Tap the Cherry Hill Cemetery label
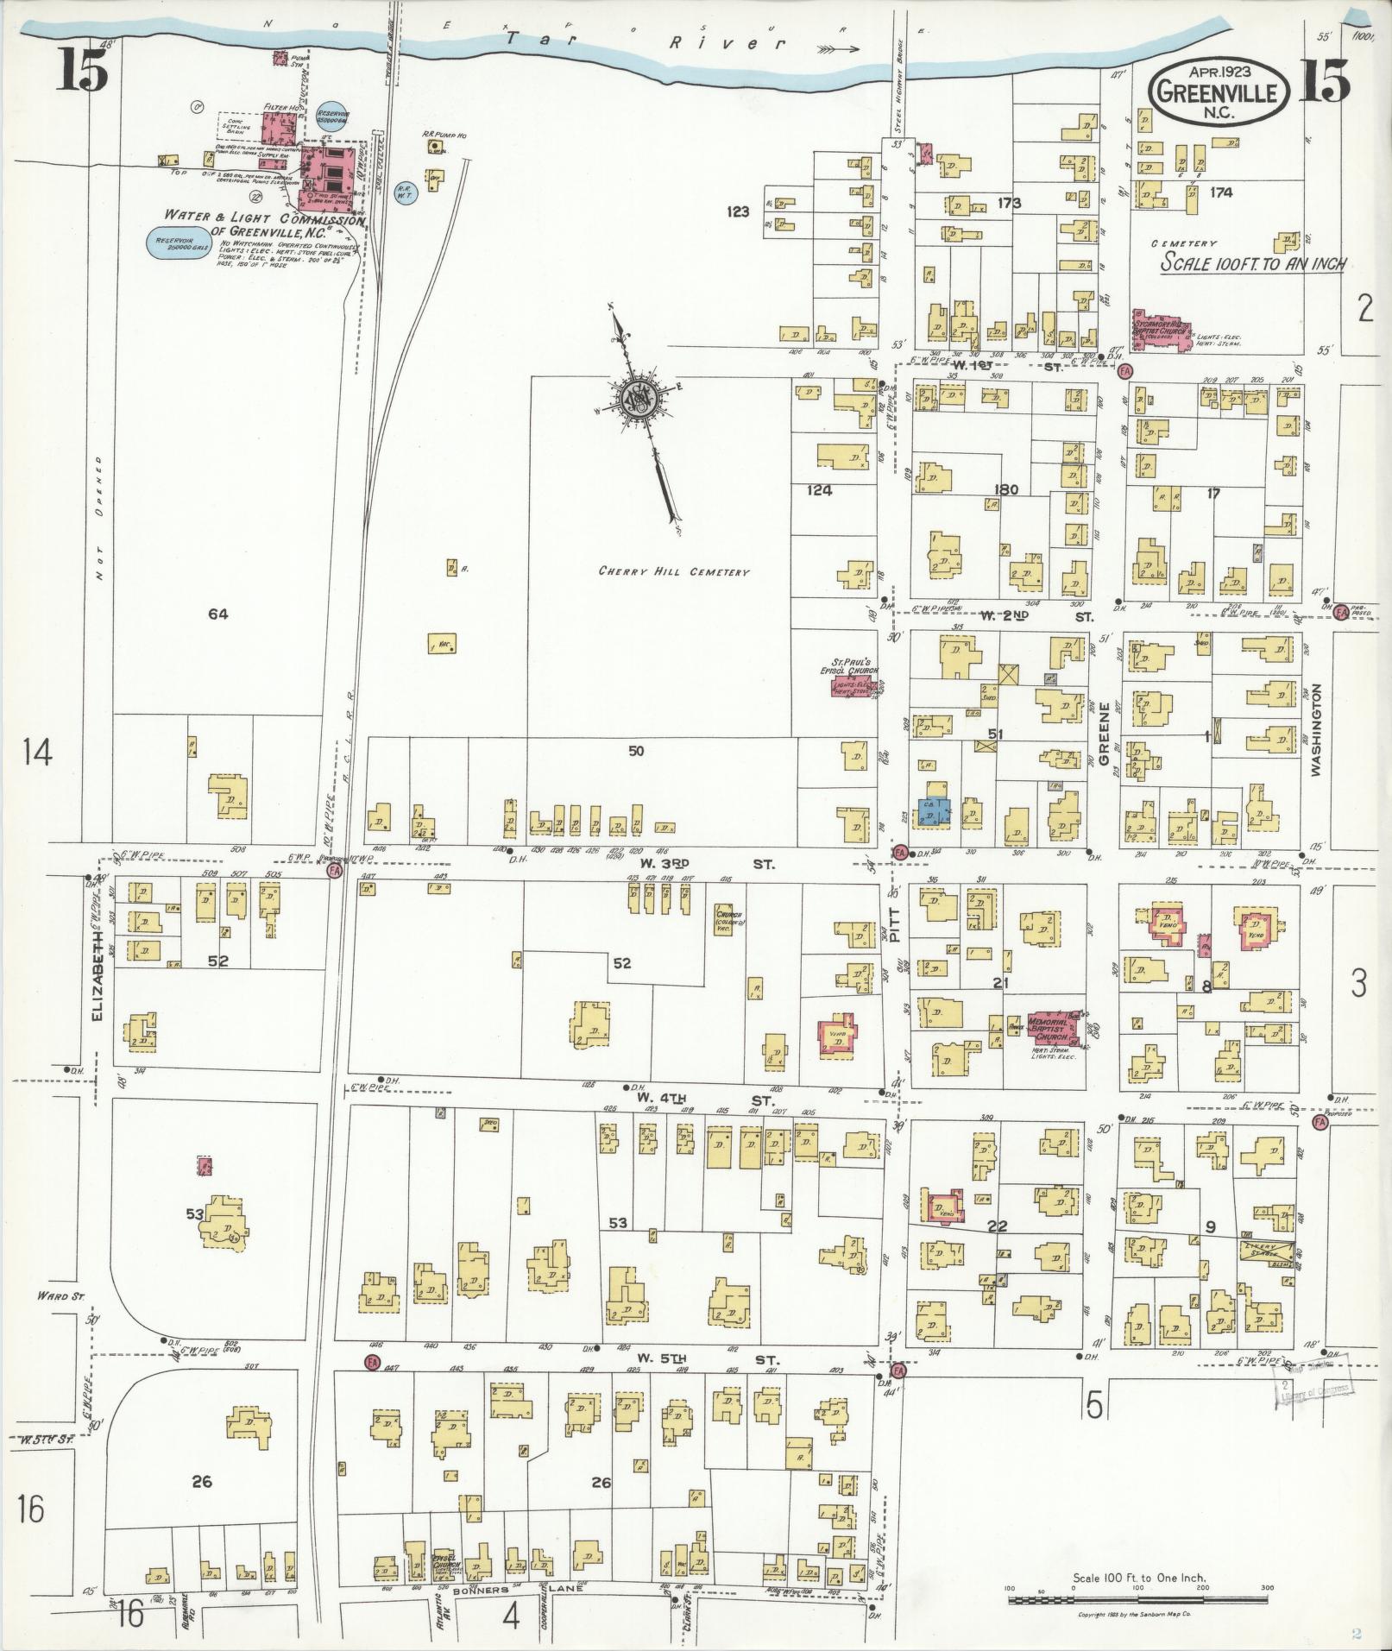click(674, 571)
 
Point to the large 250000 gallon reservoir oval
click(177, 245)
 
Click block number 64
click(217, 614)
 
